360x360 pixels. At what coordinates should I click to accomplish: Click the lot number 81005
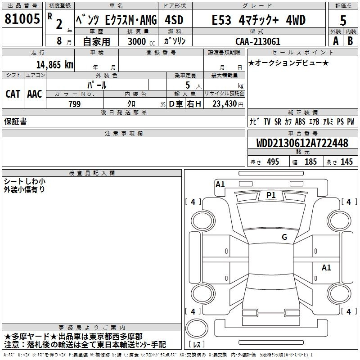pyautogui.click(x=22, y=20)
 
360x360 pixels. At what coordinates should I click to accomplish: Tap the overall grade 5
pyautogui.click(x=343, y=20)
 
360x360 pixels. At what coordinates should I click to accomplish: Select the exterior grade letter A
pyautogui.click(x=335, y=40)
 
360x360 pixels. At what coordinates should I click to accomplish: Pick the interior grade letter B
pyautogui.click(x=351, y=40)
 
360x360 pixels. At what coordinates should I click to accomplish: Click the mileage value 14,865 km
pyautogui.click(x=54, y=64)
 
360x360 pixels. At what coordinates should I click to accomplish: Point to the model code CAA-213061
pyautogui.click(x=258, y=41)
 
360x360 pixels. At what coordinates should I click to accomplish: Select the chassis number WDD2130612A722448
pyautogui.click(x=302, y=144)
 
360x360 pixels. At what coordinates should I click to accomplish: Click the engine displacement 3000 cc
pyautogui.click(x=141, y=41)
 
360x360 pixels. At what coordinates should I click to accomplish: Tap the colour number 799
pyautogui.click(x=74, y=104)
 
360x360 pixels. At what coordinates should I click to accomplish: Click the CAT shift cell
pyautogui.click(x=13, y=94)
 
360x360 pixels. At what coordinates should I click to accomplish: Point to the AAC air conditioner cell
pyautogui.click(x=35, y=94)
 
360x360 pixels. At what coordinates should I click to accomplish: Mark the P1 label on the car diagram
pyautogui.click(x=271, y=195)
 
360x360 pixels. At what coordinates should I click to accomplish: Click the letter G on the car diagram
pyautogui.click(x=284, y=237)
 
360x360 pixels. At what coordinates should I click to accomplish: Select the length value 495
pyautogui.click(x=273, y=162)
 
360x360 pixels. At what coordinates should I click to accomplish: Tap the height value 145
pyautogui.click(x=346, y=162)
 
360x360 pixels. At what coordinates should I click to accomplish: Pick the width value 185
pyautogui.click(x=310, y=162)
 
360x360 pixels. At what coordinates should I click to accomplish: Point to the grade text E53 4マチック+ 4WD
pyautogui.click(x=258, y=20)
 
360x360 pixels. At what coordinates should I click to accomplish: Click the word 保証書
pyautogui.click(x=15, y=121)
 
